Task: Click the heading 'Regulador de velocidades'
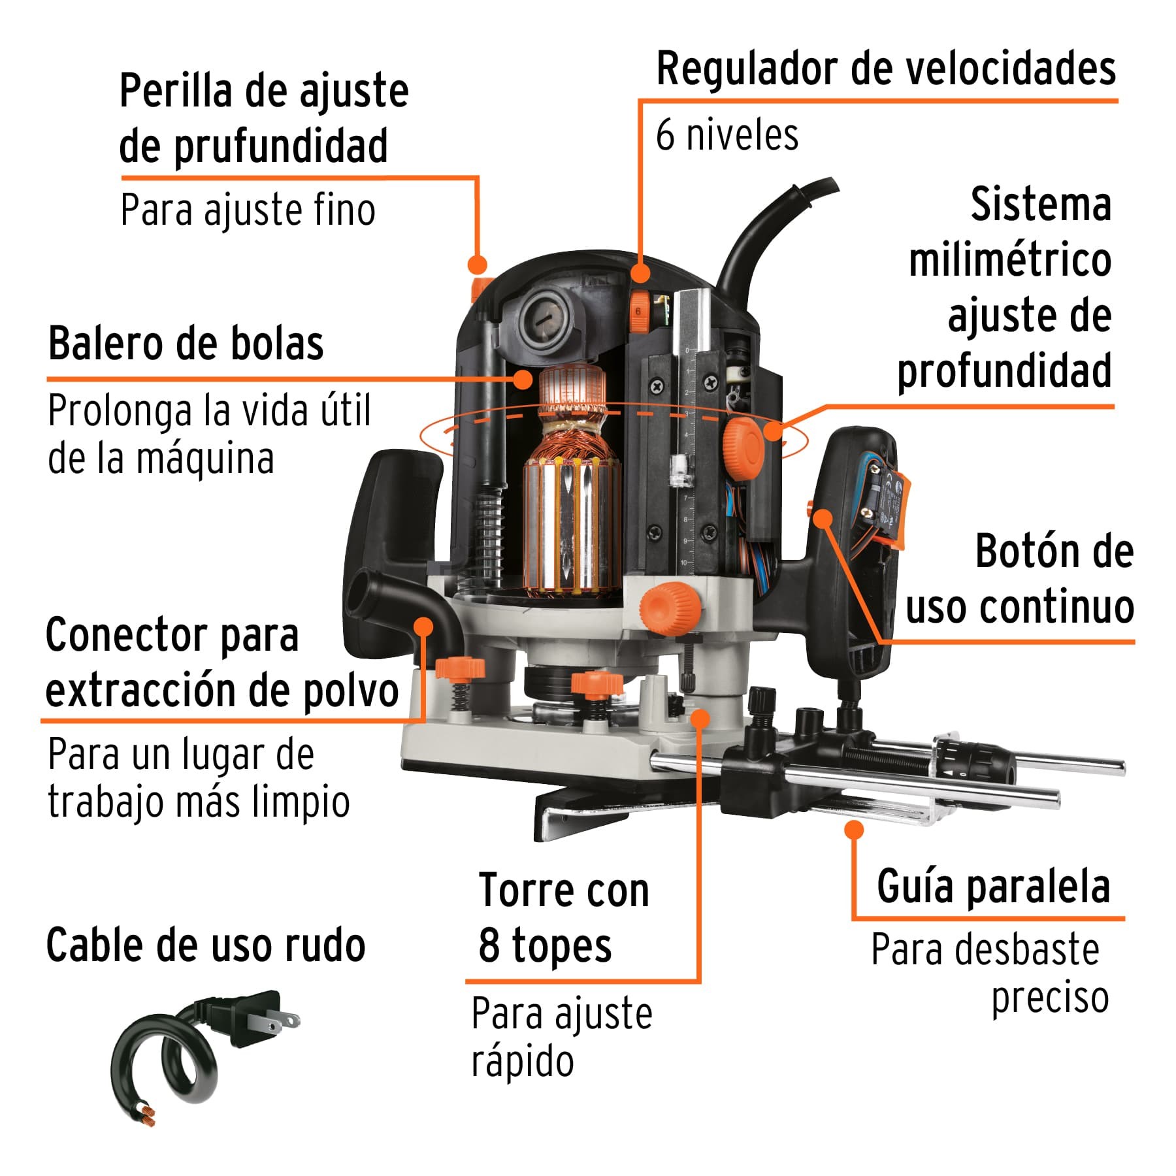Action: coord(885,70)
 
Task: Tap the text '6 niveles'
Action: coord(727,135)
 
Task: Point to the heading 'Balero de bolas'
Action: coord(186,344)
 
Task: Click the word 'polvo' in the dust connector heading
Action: coord(351,691)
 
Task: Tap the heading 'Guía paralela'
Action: coord(993,887)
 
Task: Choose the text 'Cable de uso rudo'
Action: coord(206,945)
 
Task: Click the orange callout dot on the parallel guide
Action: coord(853,830)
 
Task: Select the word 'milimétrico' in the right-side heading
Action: coord(1010,261)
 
